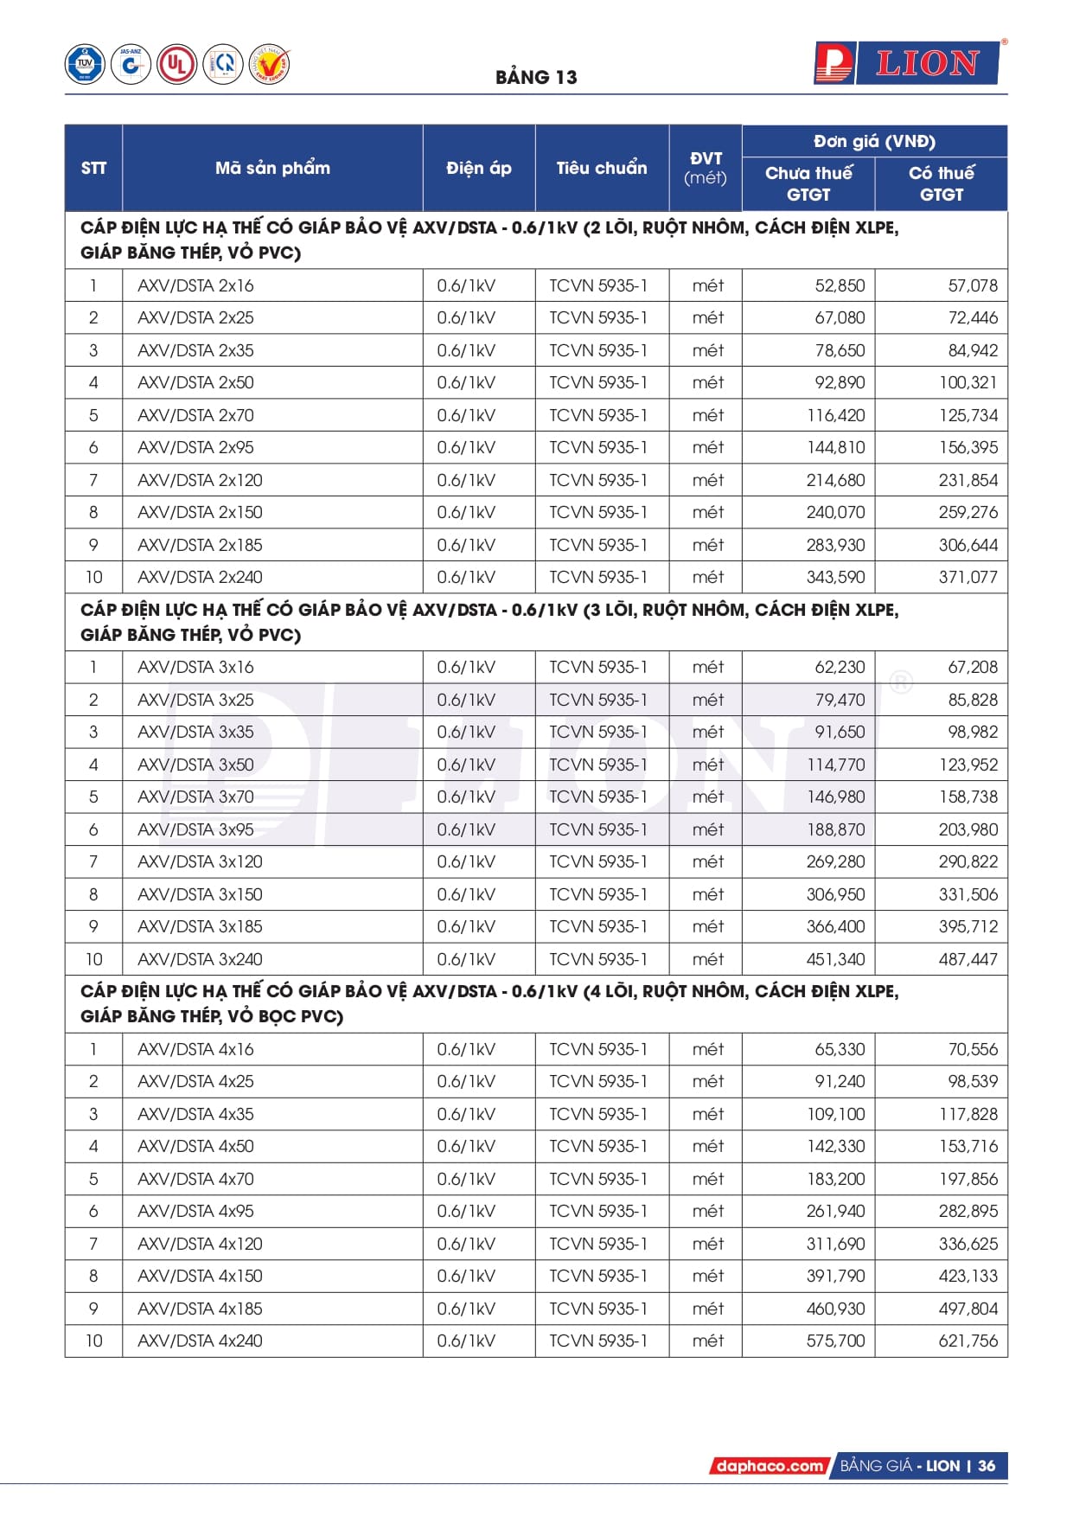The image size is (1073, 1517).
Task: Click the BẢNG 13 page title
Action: (x=536, y=77)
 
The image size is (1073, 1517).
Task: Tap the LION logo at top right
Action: (x=907, y=63)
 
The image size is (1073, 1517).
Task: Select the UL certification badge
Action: (x=176, y=64)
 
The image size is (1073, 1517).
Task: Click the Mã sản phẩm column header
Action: (x=272, y=168)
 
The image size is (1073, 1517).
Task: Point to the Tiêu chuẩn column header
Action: (x=602, y=168)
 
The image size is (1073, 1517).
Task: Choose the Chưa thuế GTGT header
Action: (x=808, y=183)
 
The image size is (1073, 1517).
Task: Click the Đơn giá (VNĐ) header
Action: (x=874, y=141)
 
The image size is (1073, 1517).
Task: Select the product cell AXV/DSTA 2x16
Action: (x=195, y=285)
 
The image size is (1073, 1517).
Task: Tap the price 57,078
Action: (x=972, y=285)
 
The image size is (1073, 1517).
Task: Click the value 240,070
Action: (x=835, y=512)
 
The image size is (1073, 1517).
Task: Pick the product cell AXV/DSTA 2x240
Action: (x=200, y=577)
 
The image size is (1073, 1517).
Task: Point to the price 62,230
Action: (x=839, y=667)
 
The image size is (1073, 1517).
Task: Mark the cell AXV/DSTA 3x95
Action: (x=195, y=829)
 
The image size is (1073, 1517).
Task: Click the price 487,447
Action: (x=968, y=959)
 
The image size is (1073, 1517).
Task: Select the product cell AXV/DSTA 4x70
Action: (x=195, y=1179)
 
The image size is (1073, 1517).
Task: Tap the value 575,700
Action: (x=835, y=1341)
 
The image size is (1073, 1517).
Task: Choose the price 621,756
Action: (x=968, y=1341)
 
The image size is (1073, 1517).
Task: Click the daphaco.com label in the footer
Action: (x=769, y=1466)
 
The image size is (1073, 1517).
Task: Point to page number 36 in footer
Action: (x=987, y=1466)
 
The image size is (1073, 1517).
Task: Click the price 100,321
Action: (x=968, y=382)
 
